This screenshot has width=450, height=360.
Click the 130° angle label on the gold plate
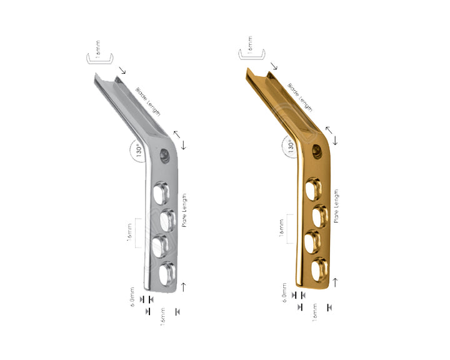coord(291,146)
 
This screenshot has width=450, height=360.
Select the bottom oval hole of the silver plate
coord(168,272)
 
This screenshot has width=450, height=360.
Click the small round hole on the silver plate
coord(166,152)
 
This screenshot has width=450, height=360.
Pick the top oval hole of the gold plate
coord(312,187)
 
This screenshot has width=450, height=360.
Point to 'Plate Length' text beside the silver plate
coord(185,209)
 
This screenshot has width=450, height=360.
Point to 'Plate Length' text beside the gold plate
coord(337,206)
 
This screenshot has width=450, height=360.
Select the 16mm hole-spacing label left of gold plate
coord(282,229)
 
